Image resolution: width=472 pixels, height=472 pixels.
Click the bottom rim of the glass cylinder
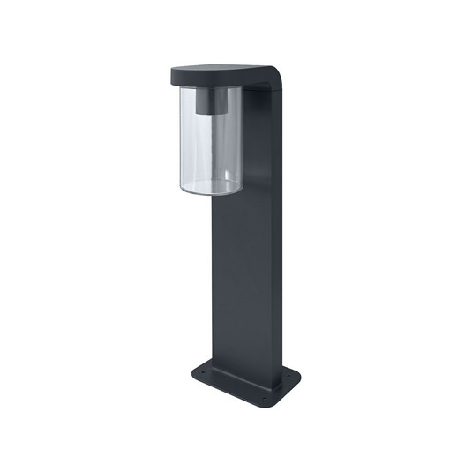coord(210,191)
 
